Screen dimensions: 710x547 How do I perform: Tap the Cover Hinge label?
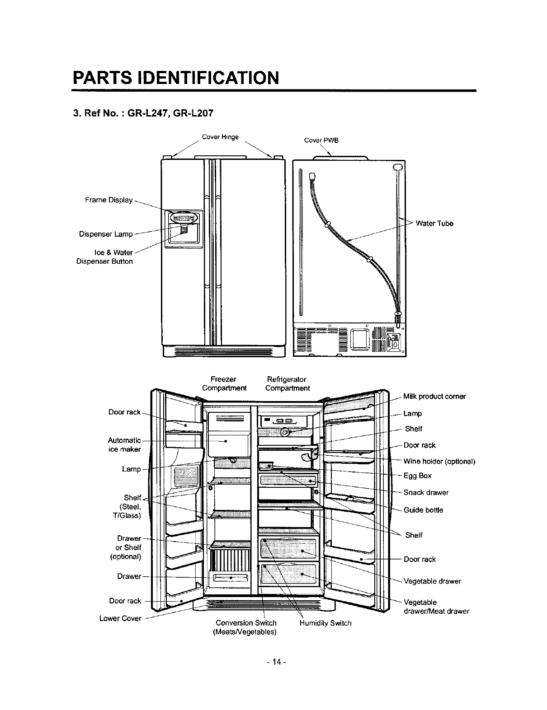click(x=220, y=137)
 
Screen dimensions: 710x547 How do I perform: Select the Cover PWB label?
click(x=321, y=140)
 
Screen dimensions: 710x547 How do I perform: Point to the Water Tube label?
click(x=434, y=224)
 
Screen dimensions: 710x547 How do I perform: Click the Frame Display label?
click(x=108, y=200)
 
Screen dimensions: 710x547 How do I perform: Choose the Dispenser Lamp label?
click(x=106, y=234)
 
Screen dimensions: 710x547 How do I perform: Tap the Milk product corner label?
click(x=434, y=397)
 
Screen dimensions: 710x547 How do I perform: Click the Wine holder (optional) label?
click(x=439, y=461)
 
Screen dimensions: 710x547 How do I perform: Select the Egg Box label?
click(x=417, y=476)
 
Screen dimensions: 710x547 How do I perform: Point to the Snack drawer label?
click(x=426, y=492)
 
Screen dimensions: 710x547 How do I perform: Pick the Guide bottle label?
click(x=423, y=510)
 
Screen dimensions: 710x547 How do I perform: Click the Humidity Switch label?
click(x=325, y=623)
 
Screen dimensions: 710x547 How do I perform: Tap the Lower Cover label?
click(x=120, y=618)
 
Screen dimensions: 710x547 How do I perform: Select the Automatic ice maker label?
click(x=124, y=444)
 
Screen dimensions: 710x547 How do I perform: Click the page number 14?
click(x=274, y=662)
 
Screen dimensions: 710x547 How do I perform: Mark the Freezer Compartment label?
click(x=224, y=383)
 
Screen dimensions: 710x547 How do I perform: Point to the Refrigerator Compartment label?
click(x=288, y=383)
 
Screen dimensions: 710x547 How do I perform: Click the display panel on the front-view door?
click(x=183, y=218)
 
